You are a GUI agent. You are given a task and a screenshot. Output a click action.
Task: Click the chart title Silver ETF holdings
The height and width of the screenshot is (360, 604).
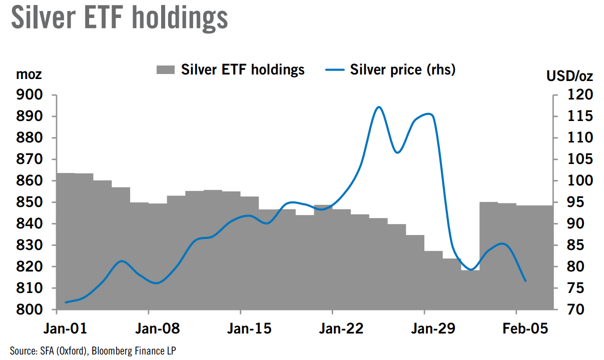119,18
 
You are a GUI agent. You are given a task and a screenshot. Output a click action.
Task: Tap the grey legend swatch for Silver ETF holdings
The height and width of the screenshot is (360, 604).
165,69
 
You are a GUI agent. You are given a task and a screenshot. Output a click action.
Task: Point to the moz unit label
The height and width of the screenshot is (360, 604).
29,75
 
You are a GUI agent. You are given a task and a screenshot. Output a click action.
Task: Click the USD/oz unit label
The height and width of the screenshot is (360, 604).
569,76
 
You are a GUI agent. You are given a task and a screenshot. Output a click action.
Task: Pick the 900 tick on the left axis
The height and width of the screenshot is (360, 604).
30,95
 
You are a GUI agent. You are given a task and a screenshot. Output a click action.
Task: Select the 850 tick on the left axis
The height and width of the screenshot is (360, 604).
30,202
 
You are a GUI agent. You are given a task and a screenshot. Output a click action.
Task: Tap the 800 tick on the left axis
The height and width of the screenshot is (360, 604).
30,310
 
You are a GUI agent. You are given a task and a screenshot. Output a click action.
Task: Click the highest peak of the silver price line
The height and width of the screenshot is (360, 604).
379,107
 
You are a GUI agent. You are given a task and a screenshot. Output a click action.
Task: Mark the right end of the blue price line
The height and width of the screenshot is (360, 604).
525,281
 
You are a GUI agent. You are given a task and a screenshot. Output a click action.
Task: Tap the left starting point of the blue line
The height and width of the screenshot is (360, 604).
66,302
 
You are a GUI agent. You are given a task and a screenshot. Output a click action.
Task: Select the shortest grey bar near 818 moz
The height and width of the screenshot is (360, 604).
470,290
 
